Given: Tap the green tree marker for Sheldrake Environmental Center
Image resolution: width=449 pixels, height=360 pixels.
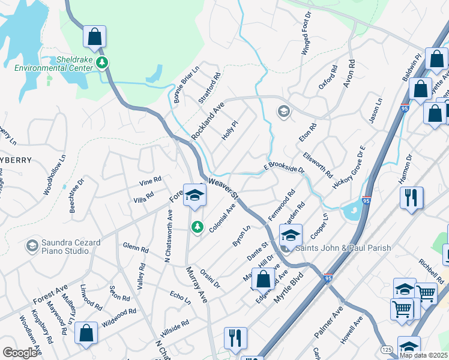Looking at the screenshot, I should (103, 62).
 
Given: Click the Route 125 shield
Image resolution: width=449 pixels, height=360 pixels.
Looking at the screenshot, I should (387, 349).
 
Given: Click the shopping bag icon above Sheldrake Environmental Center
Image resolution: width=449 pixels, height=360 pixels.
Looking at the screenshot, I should (95, 37).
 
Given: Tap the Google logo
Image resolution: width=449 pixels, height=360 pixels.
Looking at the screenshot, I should (20, 353).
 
